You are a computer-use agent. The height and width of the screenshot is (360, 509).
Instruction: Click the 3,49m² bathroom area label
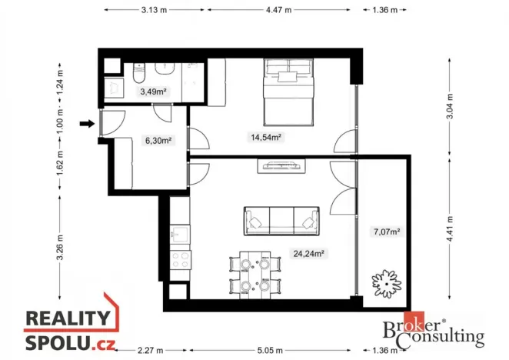click(153, 92)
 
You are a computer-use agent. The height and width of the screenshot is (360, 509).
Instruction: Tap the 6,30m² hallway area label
click(157, 140)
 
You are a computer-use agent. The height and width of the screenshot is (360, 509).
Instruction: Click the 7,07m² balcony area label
click(386, 231)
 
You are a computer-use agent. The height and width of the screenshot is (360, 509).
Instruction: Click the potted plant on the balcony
click(384, 282)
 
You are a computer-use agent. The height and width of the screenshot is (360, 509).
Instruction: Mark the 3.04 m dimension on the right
click(449, 118)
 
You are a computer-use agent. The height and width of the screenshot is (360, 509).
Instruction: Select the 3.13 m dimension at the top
click(155, 10)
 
